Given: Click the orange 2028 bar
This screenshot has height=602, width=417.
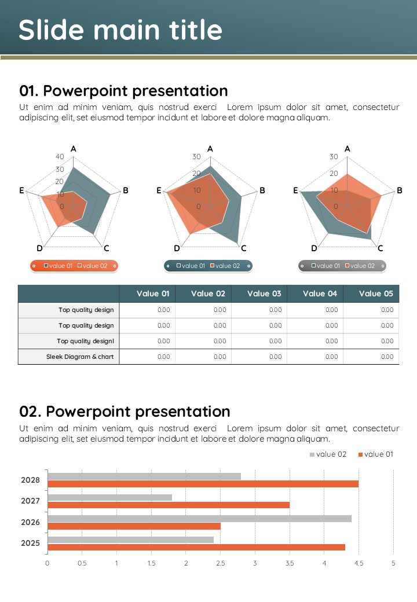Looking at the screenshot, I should tap(203, 484).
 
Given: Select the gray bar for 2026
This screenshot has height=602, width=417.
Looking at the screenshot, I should tap(199, 519).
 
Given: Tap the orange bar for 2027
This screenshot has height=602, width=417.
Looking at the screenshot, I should tap(168, 505).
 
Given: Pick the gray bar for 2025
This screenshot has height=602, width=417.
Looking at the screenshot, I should tap(130, 539).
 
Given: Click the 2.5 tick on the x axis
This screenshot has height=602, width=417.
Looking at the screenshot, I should tap(220, 563).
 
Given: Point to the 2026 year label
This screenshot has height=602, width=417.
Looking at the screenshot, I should tap(30, 522).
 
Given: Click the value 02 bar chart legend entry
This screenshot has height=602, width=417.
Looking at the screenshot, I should tap(328, 454).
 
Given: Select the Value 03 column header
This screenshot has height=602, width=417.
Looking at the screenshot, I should tap(264, 293).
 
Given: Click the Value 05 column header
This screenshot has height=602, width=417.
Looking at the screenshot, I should tap(375, 293).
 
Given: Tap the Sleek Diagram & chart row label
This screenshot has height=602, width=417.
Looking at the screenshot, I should tap(80, 357).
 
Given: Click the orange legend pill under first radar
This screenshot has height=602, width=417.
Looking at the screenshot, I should tap(74, 266).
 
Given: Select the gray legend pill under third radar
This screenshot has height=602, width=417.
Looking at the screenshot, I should tap(342, 266).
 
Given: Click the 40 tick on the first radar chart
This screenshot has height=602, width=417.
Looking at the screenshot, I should tap(60, 157).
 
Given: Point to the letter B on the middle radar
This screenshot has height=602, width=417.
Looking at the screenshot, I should tap(262, 190).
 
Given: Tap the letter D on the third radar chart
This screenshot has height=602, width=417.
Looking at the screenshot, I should tap(314, 248).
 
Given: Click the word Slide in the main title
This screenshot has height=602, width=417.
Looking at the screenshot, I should tap(50, 30).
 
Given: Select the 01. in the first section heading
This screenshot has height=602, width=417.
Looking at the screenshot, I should tap(29, 91).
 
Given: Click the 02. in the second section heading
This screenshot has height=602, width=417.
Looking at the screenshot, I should tap(30, 412).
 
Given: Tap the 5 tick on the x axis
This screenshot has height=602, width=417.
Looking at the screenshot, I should tap(393, 563).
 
